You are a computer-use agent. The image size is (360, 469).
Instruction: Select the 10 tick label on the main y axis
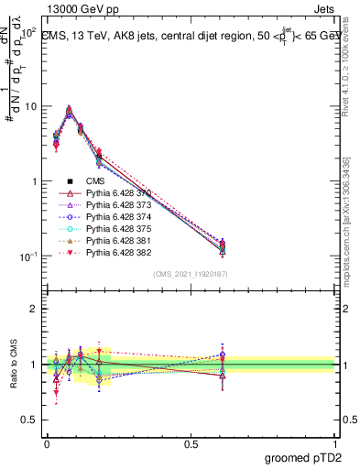[x=30, y=106]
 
